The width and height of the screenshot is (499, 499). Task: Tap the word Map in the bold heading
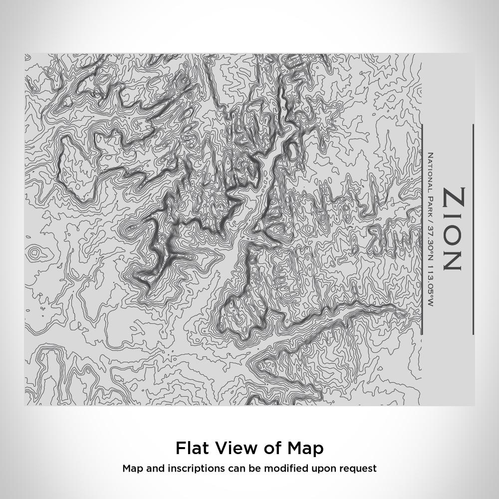tap(305, 448)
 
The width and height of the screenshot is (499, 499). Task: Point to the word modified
tap(289, 469)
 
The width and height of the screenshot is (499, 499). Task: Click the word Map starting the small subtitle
tap(132, 469)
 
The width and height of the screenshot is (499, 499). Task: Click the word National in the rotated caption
tap(430, 172)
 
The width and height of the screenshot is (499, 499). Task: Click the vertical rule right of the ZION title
tap(473, 230)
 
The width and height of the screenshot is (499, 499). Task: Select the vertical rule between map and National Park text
tap(422, 230)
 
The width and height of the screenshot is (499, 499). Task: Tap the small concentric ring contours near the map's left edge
tap(34, 253)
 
